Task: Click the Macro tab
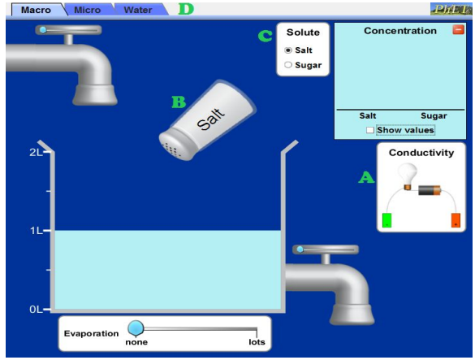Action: pos(36,10)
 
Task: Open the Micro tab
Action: pos(88,10)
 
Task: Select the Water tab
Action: pos(138,10)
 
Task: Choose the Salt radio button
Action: pos(288,50)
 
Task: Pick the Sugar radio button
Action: pos(288,65)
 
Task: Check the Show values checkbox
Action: pos(370,130)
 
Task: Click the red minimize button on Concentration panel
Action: pos(458,30)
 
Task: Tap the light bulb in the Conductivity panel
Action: pos(408,176)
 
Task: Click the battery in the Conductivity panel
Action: pos(430,190)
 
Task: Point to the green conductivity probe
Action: pos(386,220)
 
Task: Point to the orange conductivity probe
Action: pos(456,220)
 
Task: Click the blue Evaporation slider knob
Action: pos(136,328)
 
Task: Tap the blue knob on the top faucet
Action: pos(43,30)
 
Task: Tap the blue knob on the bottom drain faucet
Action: pos(300,249)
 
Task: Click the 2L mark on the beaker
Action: pos(36,152)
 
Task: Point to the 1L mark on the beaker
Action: pos(36,231)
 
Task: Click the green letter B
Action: pos(179,102)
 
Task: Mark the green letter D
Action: pos(186,9)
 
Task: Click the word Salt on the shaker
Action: pos(211,119)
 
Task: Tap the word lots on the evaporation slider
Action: pos(257,342)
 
